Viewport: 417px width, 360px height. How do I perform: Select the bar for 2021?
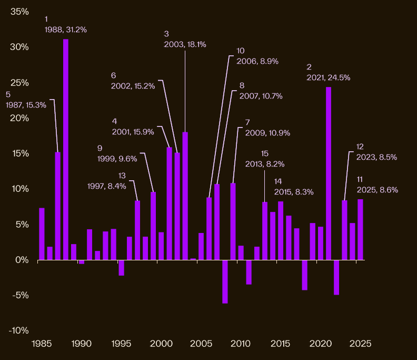329,173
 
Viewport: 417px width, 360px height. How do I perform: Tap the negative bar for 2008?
225,281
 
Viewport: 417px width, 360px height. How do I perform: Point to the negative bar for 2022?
336,277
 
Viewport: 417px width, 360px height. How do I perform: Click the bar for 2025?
360,229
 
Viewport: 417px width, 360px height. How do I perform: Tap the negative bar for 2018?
304,275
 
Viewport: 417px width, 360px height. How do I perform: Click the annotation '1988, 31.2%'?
66,30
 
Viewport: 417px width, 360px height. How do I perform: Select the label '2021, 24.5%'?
329,77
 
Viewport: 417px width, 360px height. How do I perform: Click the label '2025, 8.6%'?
377,190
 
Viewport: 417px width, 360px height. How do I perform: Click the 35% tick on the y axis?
19,11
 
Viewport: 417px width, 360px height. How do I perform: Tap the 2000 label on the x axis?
160,344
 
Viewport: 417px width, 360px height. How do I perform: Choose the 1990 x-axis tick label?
81,344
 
